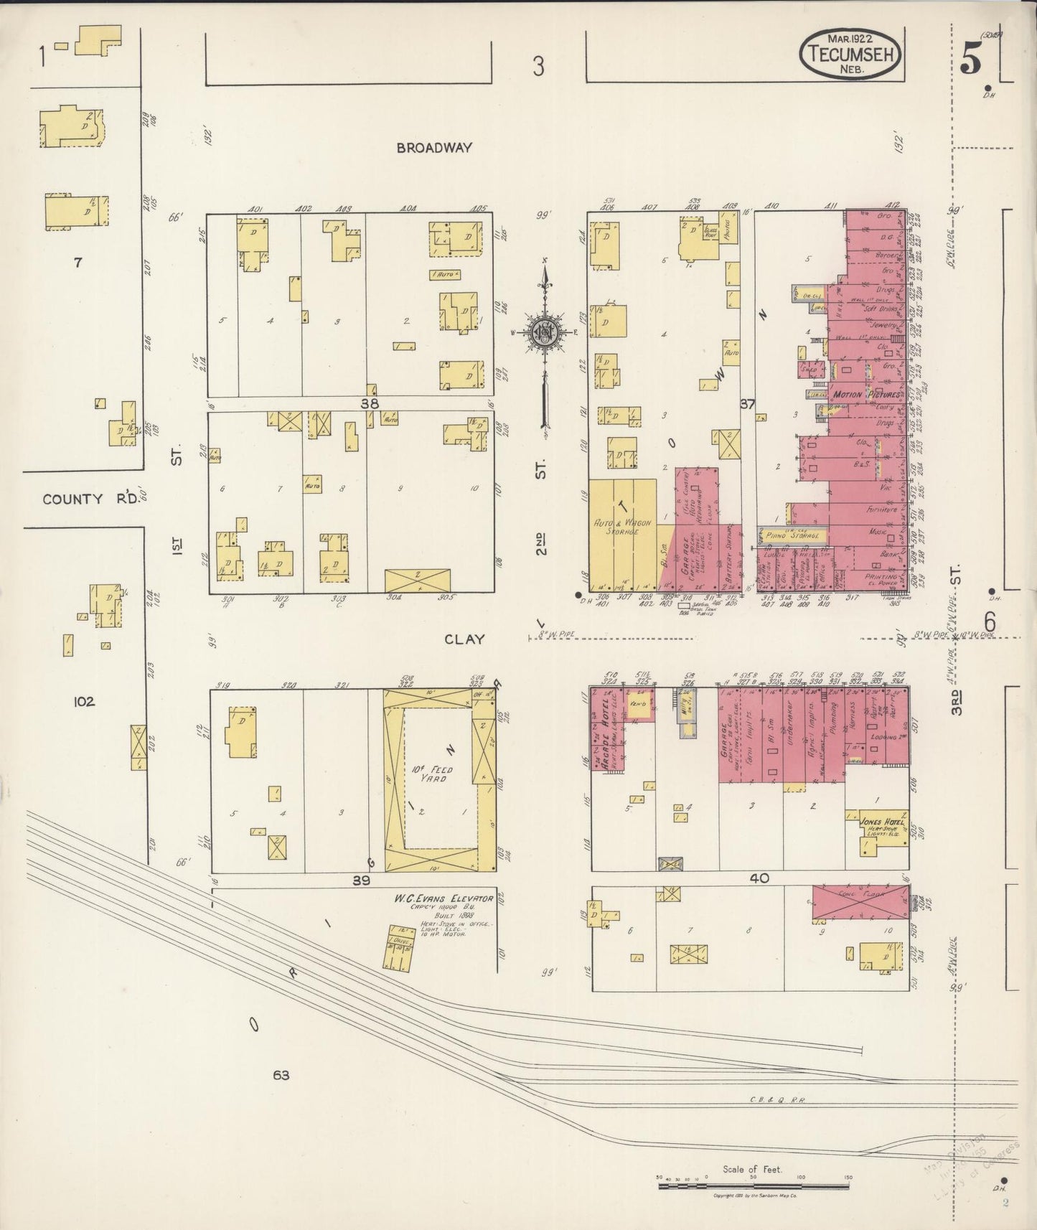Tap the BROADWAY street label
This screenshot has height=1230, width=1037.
tap(436, 148)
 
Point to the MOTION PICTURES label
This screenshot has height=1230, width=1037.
tap(866, 395)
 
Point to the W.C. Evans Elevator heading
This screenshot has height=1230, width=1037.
tap(443, 898)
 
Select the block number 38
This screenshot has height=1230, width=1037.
tap(370, 404)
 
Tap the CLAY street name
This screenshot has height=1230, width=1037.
tap(464, 639)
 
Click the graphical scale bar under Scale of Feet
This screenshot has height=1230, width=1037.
tap(754, 1186)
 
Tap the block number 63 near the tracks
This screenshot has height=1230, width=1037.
tap(281, 1074)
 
